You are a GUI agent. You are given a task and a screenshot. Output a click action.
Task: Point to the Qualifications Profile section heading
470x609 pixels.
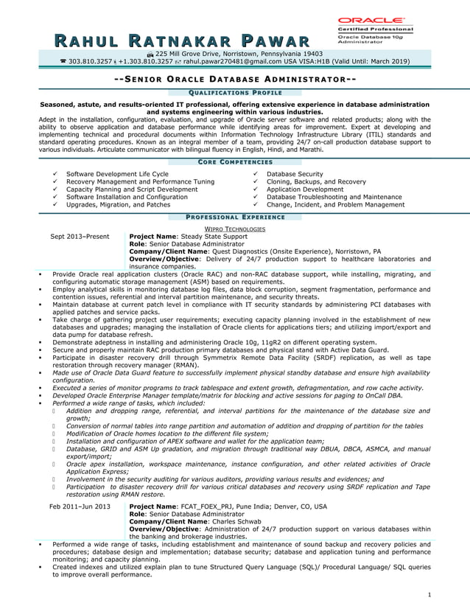[x=236, y=92]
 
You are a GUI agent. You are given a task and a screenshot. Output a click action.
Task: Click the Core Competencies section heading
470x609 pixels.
[x=236, y=161]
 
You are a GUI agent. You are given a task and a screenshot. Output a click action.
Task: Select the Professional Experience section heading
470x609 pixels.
[x=236, y=217]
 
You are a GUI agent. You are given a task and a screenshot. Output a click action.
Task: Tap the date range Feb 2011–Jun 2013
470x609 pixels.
[x=80, y=507]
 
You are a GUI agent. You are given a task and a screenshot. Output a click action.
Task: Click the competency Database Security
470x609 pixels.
[x=294, y=174]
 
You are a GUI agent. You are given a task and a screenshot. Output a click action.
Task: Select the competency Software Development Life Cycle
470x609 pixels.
[x=117, y=174]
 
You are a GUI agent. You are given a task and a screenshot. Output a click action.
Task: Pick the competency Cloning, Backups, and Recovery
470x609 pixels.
[x=316, y=181]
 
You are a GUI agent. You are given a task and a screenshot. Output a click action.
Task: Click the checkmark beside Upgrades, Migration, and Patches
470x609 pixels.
[x=55, y=205]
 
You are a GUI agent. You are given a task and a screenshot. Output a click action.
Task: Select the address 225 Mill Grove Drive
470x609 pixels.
[x=193, y=54]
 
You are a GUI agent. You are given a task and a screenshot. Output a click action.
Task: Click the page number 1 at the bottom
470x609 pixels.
[x=429, y=594]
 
